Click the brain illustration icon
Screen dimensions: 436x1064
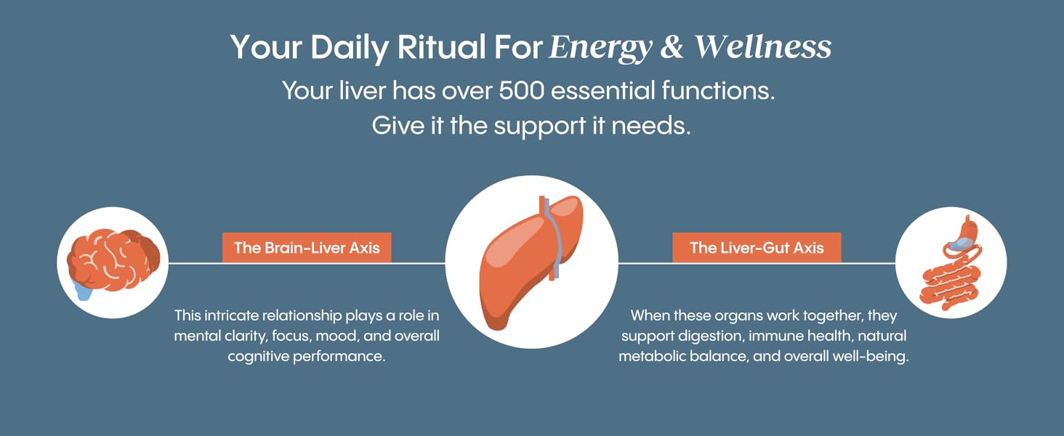pyautogui.click(x=113, y=259)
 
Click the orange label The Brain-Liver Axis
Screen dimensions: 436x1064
pyautogui.click(x=307, y=248)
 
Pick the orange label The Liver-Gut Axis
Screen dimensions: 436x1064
pyautogui.click(x=757, y=248)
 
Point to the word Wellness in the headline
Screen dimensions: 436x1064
pyautogui.click(x=762, y=47)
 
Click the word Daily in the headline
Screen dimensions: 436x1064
pyautogui.click(x=355, y=48)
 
